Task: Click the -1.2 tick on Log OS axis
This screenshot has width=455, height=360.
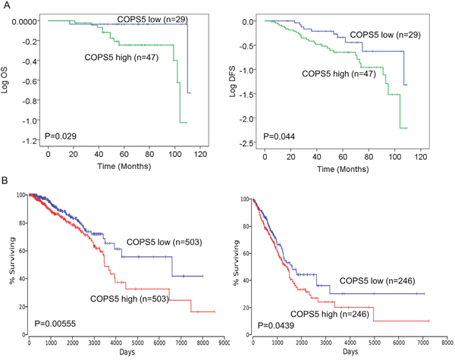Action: click(x=29, y=141)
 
